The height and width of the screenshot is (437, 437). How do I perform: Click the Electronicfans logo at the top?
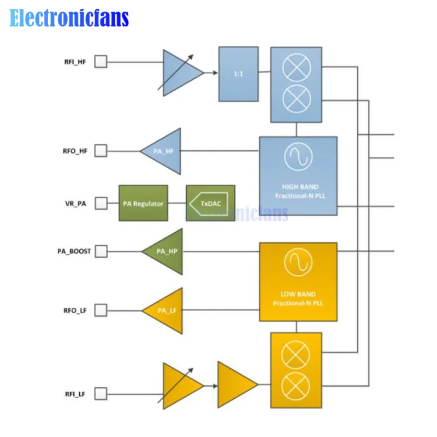69,18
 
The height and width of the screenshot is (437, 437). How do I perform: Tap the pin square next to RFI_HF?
101,62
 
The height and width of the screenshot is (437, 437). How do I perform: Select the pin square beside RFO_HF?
101,151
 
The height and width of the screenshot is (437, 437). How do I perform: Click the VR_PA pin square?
101,203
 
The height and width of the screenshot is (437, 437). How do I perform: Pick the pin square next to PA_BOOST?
101,251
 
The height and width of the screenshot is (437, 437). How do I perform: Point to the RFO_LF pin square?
101,310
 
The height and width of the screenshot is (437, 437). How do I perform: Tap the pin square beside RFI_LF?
101,394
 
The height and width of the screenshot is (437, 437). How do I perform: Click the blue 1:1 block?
239,74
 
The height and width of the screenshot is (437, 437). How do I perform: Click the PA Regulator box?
143,203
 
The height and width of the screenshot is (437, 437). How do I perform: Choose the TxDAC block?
210,203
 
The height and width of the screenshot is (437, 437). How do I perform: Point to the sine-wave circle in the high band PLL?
298,157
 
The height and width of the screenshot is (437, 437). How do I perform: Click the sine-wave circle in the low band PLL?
298,262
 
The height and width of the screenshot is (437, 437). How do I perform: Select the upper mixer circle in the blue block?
297,68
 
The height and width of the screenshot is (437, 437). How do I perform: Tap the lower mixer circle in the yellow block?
296,386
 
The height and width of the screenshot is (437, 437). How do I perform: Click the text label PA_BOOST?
74,251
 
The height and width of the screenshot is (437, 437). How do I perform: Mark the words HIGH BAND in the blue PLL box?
300,187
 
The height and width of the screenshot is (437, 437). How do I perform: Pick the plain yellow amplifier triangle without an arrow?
238,385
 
